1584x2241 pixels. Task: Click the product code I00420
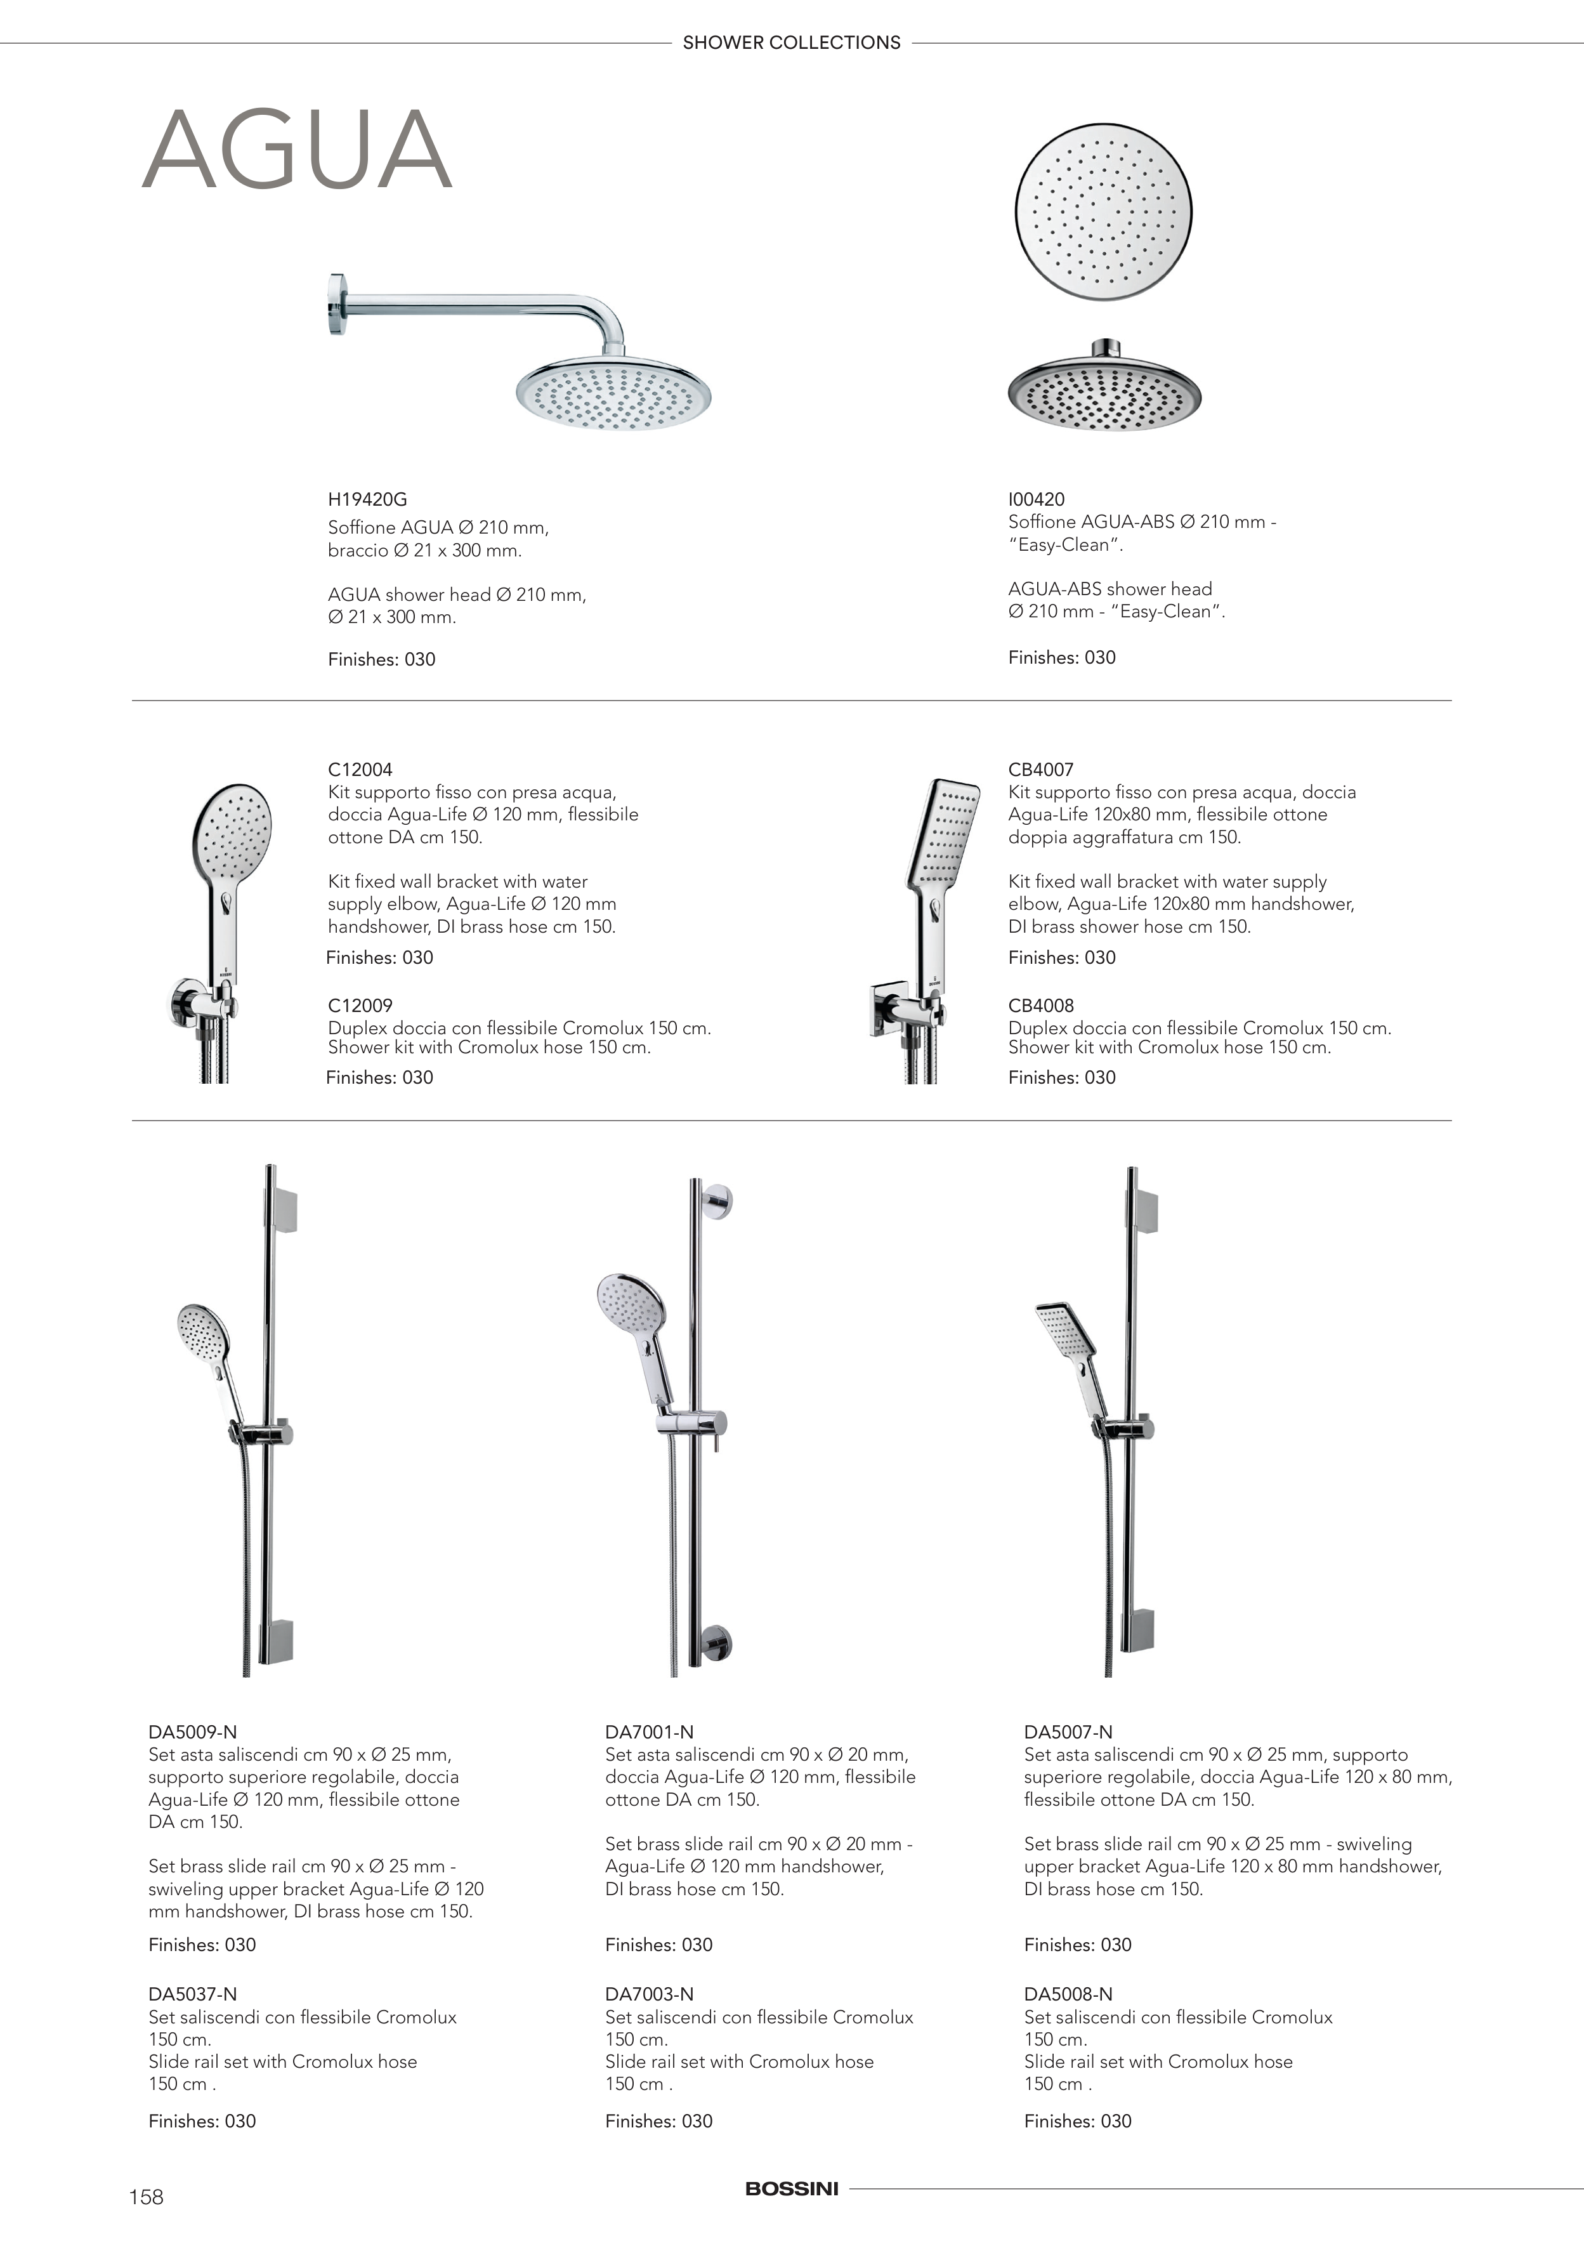[x=1037, y=499]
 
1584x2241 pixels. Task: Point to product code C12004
[x=360, y=769]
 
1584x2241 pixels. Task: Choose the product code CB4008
[x=1040, y=1005]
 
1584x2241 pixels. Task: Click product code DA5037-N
[x=192, y=1994]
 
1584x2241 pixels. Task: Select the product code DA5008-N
[x=1068, y=1994]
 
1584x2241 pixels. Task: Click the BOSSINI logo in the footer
[x=792, y=2188]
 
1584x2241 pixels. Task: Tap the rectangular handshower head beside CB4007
[x=943, y=830]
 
